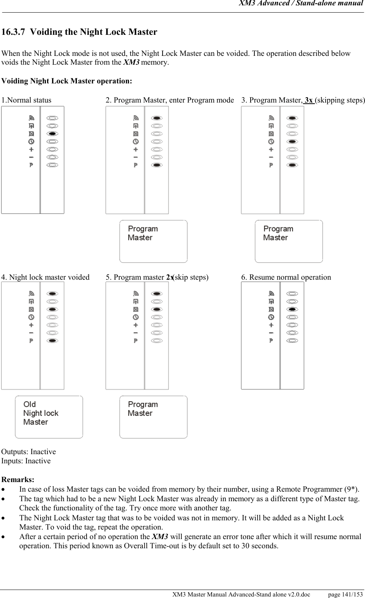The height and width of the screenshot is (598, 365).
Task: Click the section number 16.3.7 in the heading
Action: [x=14, y=32]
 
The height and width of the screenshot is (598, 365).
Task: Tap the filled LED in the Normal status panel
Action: [x=53, y=134]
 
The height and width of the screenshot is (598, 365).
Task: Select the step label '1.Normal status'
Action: [x=26, y=100]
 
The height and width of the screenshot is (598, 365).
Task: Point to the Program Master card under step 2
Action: [x=153, y=241]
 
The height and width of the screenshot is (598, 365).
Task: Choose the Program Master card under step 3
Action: [x=289, y=241]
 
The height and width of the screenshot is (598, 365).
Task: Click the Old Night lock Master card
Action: [x=49, y=417]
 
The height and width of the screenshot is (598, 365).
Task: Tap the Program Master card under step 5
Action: [x=153, y=417]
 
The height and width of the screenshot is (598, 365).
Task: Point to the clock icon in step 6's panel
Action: [x=271, y=317]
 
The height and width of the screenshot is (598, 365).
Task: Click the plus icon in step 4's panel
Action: [x=31, y=325]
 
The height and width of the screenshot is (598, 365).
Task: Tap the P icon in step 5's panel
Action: [x=136, y=341]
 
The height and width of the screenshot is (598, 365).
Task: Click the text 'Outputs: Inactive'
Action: [x=29, y=451]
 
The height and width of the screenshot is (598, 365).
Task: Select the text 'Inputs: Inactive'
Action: [x=26, y=461]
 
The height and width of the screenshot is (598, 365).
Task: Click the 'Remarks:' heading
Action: [x=18, y=479]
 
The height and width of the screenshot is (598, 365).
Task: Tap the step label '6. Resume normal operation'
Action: [x=286, y=277]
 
